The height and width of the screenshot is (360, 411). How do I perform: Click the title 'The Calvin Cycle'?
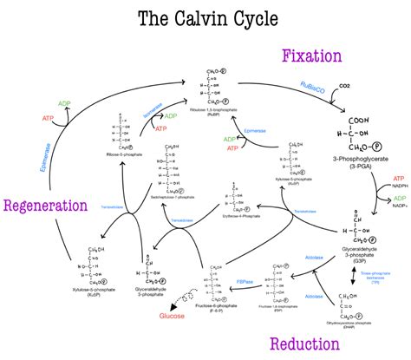(x=205, y=19)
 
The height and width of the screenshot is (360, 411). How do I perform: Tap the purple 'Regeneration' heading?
(x=45, y=206)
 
